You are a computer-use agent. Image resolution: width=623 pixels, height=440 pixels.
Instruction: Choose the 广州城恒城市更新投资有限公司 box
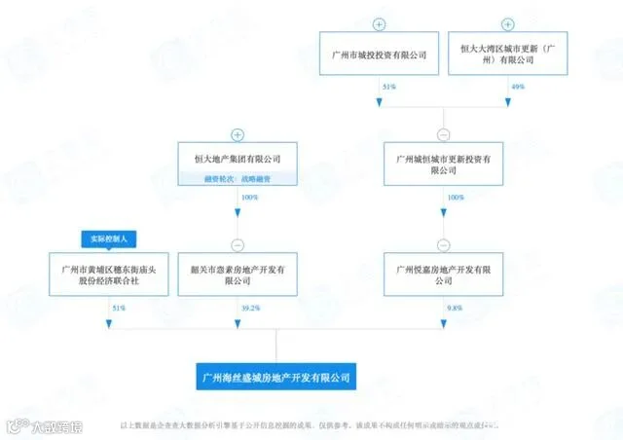coord(444,163)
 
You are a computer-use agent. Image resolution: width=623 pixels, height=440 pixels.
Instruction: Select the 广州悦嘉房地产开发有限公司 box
coord(444,274)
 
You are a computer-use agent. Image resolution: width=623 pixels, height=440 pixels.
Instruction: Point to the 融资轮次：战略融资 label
coord(237,177)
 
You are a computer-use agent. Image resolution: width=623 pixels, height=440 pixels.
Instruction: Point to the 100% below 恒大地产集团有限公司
coord(250,197)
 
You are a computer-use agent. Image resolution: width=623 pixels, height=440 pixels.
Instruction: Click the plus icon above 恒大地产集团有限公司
coord(237,134)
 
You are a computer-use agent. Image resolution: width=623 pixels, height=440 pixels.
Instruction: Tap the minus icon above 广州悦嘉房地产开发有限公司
coord(444,244)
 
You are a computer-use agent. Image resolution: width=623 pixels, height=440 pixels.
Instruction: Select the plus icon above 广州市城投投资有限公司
coord(380,23)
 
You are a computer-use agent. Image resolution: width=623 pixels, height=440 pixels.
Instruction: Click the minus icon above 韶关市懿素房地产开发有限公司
coord(237,244)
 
